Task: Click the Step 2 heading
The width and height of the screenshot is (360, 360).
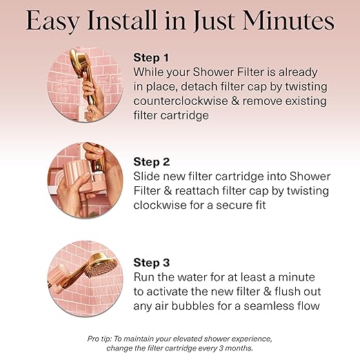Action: click(150, 162)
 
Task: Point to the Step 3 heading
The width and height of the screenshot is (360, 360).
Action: click(150, 262)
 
